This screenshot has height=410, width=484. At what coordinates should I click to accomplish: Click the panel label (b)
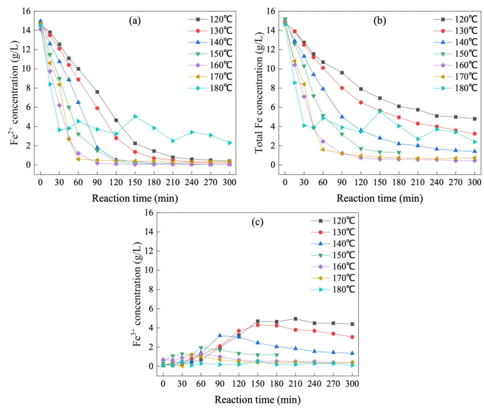379,21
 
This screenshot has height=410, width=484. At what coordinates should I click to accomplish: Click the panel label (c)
257,222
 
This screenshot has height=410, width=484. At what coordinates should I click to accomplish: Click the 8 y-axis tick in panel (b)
272,88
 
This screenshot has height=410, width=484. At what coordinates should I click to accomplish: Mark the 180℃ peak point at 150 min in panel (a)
135,116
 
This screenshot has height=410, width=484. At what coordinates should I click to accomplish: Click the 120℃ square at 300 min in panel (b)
475,119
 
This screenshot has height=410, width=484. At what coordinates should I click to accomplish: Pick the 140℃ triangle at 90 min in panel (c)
220,336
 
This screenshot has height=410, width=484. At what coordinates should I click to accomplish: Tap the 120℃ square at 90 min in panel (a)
97,92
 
